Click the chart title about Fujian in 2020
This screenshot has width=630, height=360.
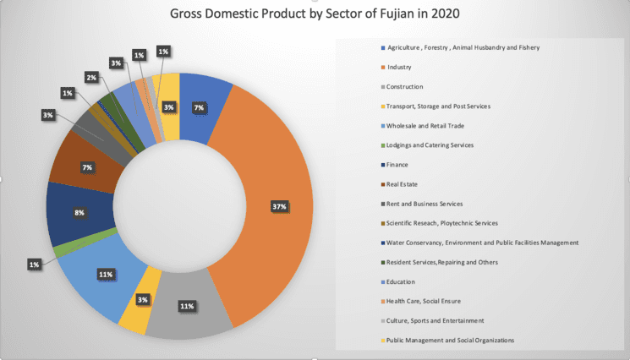pyautogui.click(x=315, y=14)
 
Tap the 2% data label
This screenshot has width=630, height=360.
pyautogui.click(x=90, y=77)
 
